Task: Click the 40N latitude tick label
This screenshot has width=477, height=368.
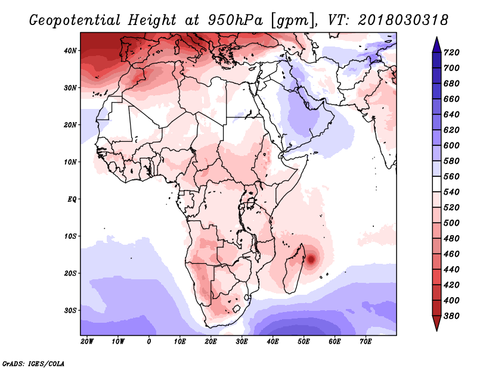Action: pyautogui.click(x=70, y=51)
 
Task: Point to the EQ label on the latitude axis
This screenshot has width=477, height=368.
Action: pyautogui.click(x=72, y=199)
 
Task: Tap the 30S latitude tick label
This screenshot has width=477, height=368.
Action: pyautogui.click(x=70, y=310)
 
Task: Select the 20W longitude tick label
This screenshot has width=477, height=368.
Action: pyautogui.click(x=87, y=342)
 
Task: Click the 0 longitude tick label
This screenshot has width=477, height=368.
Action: pyautogui.click(x=149, y=342)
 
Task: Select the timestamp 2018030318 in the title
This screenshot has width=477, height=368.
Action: pyautogui.click(x=403, y=20)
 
